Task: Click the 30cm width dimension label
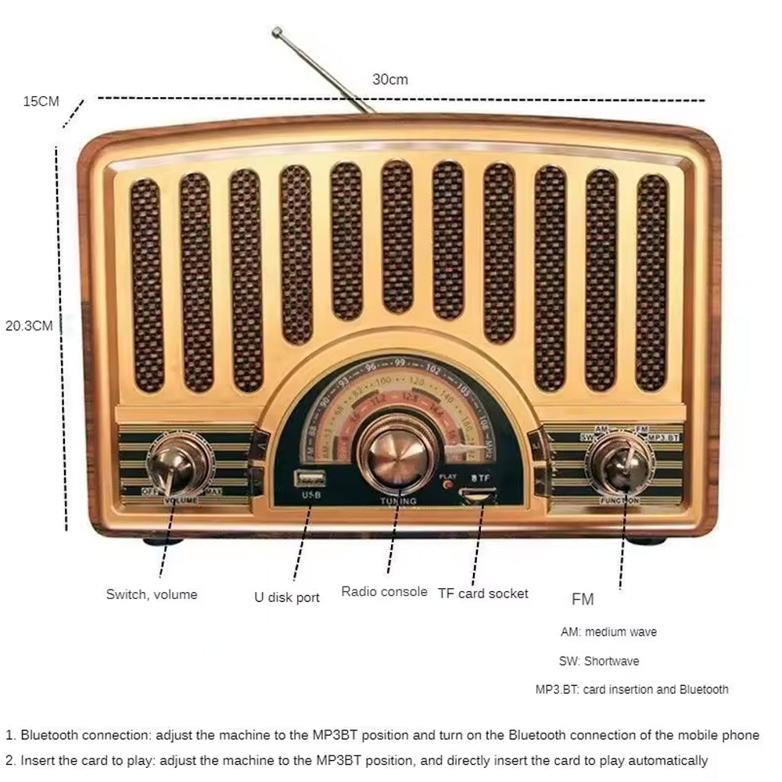pos(389,79)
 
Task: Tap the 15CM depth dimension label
pos(41,101)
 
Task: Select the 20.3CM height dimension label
pos(29,325)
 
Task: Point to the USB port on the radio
pos(305,478)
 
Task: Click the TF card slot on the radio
pos(477,495)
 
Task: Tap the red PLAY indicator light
pos(447,485)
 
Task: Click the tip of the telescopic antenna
pos(276,31)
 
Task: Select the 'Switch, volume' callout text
pos(152,594)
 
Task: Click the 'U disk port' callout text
pos(287,597)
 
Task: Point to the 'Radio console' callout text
pos(384,591)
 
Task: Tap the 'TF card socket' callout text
pos(482,594)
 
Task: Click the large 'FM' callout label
pos(583,600)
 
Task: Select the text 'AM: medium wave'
pos(608,632)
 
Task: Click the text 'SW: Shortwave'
pos(598,661)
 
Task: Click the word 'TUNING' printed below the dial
pos(398,500)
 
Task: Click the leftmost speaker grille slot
pos(146,285)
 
